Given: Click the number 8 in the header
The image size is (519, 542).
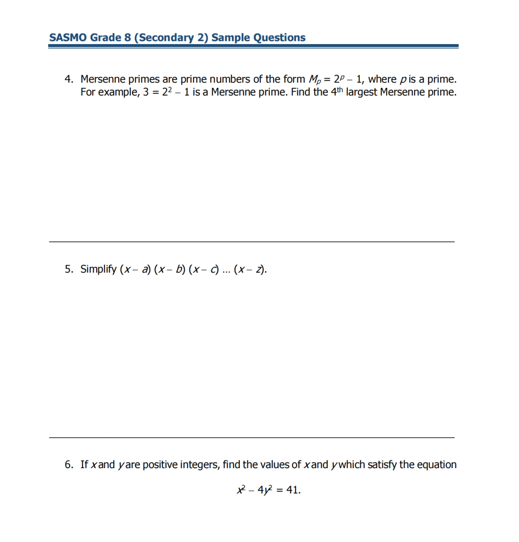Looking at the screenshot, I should [x=127, y=37].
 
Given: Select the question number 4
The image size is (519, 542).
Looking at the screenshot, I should [x=69, y=79].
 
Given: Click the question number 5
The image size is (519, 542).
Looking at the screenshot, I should [x=69, y=269].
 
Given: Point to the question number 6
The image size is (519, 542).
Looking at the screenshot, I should [x=69, y=465].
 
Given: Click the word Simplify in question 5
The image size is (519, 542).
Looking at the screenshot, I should [x=98, y=269].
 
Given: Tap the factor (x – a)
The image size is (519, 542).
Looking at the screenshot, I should [x=135, y=269].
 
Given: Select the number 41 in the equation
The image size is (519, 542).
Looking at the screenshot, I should [x=292, y=490].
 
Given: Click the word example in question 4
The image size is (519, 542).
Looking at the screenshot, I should [x=118, y=92].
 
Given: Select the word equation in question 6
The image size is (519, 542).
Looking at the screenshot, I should [x=437, y=465].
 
